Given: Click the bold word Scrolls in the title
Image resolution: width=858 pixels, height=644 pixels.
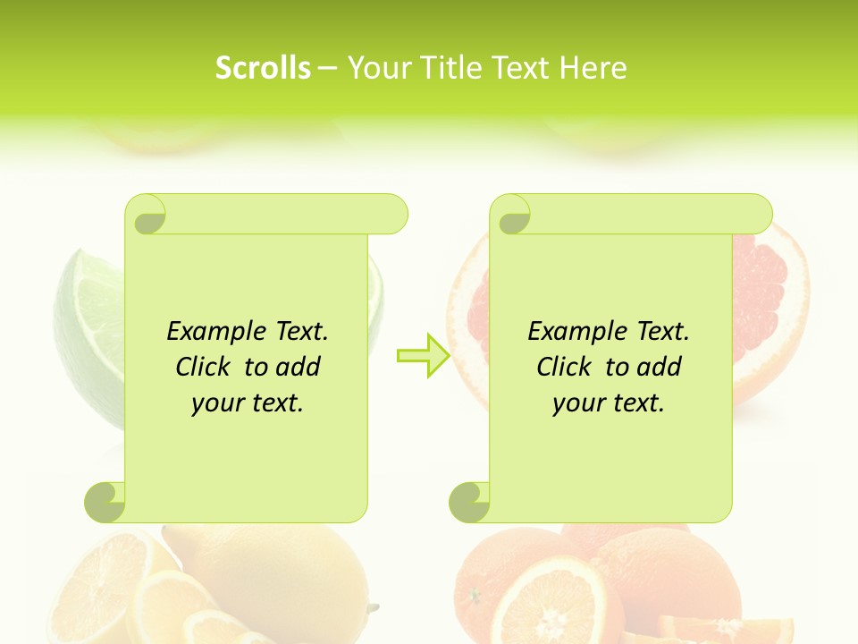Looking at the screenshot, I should [263, 68].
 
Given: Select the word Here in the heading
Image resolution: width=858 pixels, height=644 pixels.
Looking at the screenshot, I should [593, 68].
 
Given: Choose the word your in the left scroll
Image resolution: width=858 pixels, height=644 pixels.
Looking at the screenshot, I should [217, 403].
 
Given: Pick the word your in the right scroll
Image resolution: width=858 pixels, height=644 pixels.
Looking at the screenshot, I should [578, 403].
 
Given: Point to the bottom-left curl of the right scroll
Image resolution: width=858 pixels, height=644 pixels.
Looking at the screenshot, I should [469, 502].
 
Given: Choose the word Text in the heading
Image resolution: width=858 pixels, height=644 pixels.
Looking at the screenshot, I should [521, 68].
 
